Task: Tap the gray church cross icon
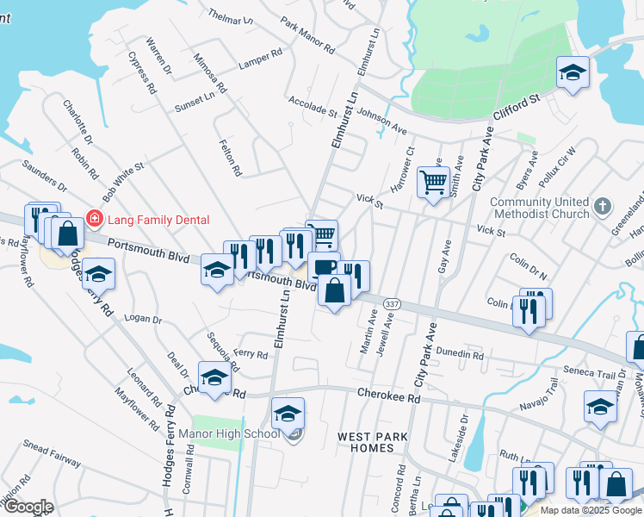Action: pyautogui.click(x=604, y=207)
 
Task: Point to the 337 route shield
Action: pyautogui.click(x=393, y=304)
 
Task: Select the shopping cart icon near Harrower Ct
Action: pyautogui.click(x=431, y=181)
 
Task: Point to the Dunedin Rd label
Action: pyautogui.click(x=460, y=354)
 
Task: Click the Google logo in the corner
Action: pyautogui.click(x=28, y=507)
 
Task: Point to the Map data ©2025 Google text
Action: pyautogui.click(x=590, y=510)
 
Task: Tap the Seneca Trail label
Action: pyautogui.click(x=591, y=372)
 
